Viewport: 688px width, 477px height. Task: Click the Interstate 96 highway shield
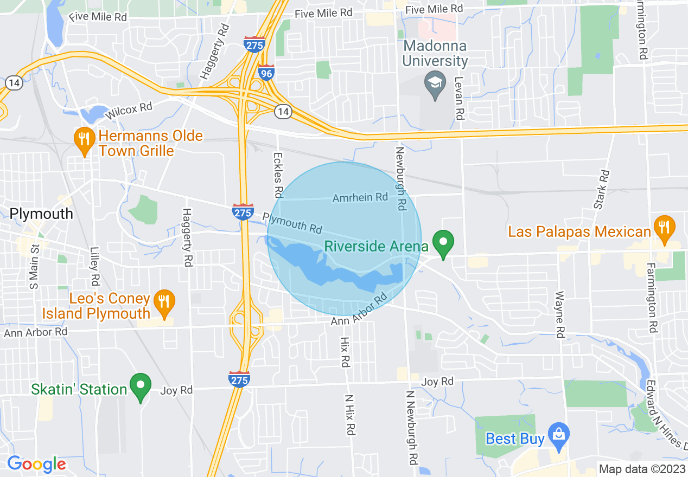point(266,73)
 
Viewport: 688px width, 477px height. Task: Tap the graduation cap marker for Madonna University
point(435,84)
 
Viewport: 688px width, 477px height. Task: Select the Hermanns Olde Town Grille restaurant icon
point(83,139)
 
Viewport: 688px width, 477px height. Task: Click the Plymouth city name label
point(41,214)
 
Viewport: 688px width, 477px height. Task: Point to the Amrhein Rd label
point(360,197)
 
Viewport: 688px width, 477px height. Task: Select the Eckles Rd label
point(278,175)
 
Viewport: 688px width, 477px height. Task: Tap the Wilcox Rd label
point(129,110)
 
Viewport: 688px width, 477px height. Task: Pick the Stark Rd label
point(601,189)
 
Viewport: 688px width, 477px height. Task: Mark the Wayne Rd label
point(559,314)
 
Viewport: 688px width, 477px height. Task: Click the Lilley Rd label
point(95,267)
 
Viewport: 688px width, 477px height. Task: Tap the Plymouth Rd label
point(292,223)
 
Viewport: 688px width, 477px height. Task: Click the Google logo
point(36,464)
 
